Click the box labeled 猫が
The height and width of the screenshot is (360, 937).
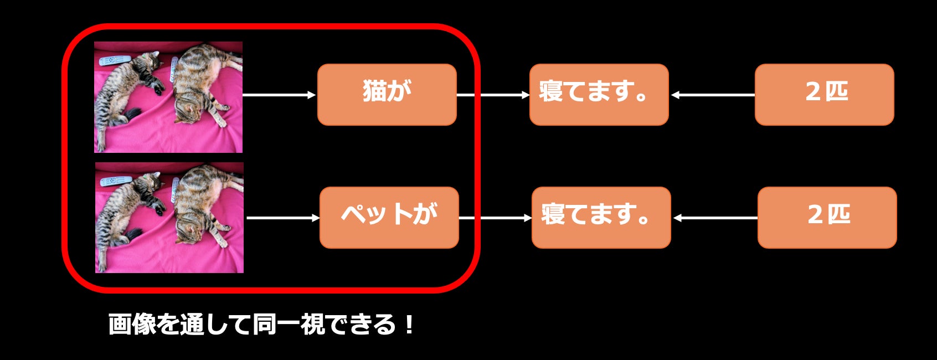tap(387, 95)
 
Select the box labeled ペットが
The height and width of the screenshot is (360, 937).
tap(389, 218)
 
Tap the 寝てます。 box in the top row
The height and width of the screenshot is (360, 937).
tap(599, 95)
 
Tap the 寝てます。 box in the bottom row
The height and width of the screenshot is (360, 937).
tap(601, 218)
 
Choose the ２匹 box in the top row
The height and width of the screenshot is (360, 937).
tap(824, 95)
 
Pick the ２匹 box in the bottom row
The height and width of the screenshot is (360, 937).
tap(827, 218)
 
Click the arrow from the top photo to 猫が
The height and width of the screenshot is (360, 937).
tap(279, 95)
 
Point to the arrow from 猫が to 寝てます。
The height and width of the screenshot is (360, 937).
tap(493, 95)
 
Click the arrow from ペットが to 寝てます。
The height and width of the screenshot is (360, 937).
tap(495, 218)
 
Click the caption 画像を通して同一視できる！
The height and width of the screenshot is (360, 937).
tap(261, 325)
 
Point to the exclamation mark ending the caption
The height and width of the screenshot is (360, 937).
tap(409, 325)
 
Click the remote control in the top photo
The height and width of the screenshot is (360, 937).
tap(115, 60)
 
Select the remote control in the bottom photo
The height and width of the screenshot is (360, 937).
tap(116, 181)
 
